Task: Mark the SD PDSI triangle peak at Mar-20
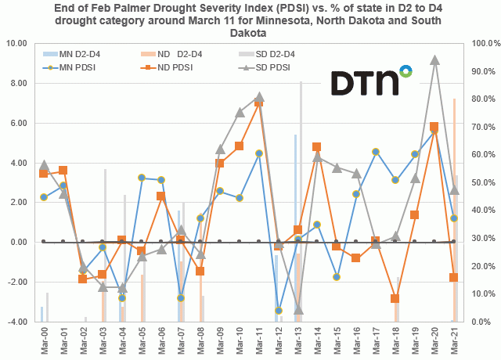pos(434,59)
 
